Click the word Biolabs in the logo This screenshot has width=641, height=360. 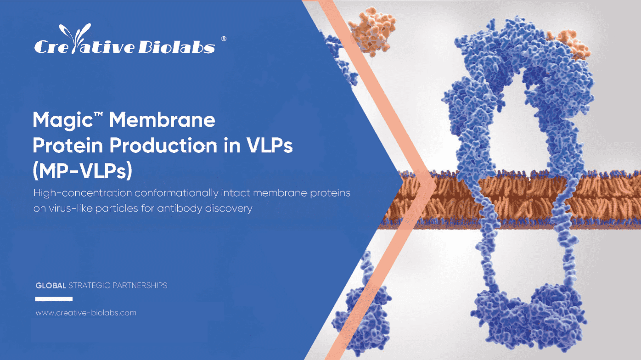[177, 47]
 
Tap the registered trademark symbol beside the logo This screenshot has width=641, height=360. [224, 39]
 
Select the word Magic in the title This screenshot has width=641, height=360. [62, 120]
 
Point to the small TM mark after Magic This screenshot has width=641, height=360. [98, 114]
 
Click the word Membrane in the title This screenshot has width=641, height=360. [162, 120]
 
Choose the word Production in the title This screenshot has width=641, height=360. [163, 145]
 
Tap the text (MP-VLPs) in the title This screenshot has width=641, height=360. [82, 170]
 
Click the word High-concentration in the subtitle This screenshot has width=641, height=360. [83, 193]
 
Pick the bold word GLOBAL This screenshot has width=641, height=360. [51, 285]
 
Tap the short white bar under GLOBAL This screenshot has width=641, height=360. [54, 299]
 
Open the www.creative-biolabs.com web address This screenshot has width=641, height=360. [86, 313]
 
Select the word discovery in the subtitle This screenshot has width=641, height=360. [229, 208]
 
